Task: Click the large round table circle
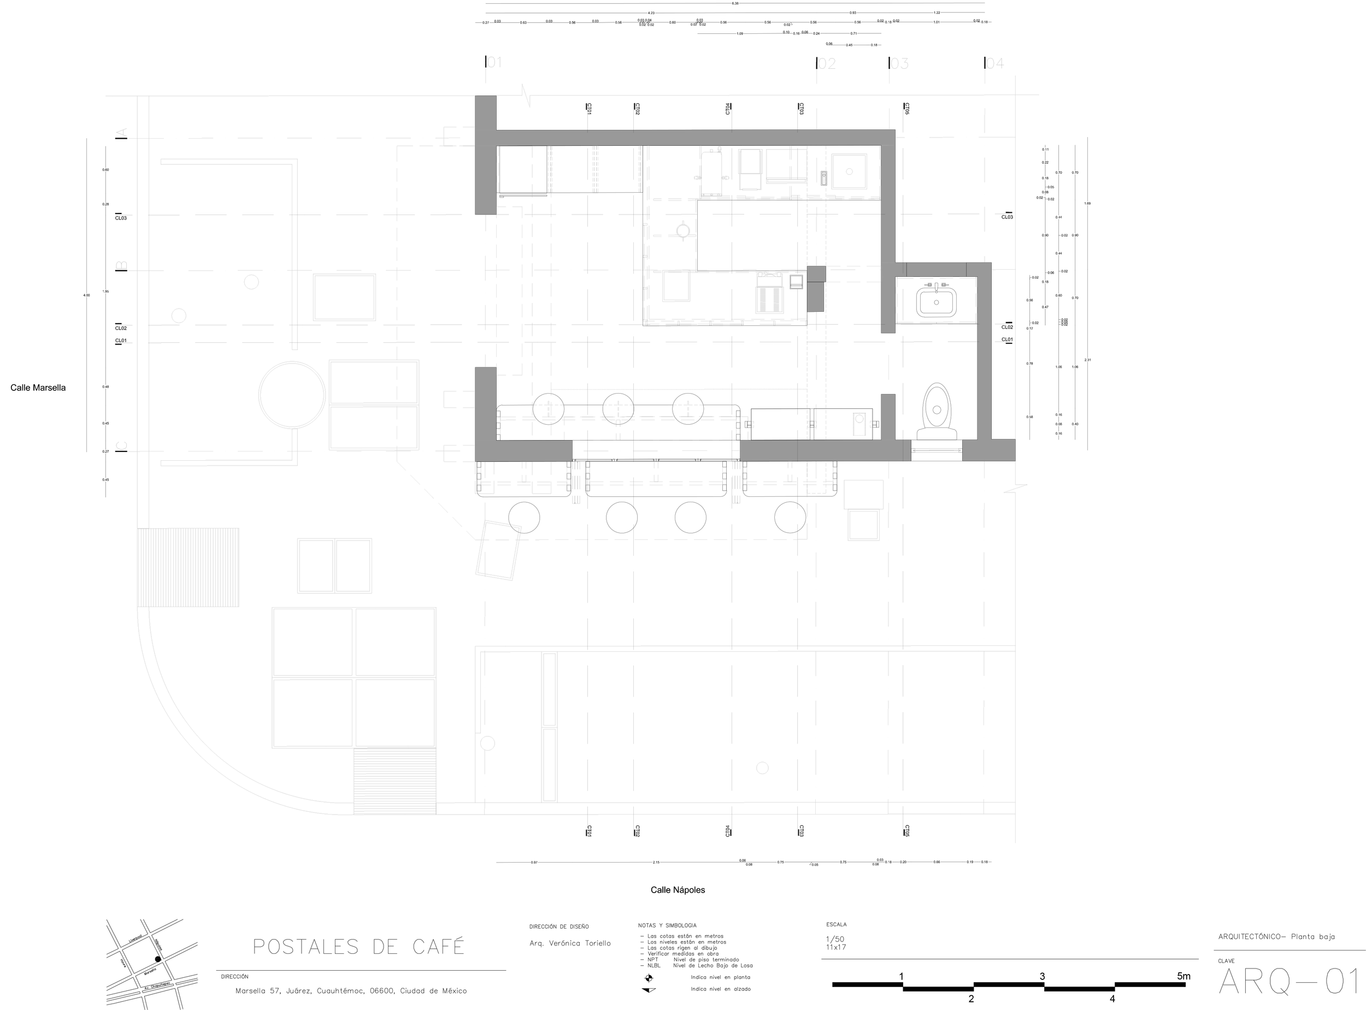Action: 292,395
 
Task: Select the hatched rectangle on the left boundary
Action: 188,567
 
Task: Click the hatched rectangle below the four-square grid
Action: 395,782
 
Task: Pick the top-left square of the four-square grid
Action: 313,642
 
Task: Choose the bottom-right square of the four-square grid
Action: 395,713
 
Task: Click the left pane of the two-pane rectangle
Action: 316,566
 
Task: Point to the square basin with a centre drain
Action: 849,172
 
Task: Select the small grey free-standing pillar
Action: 815,289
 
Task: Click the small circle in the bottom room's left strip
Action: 487,744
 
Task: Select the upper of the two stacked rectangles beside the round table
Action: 374,382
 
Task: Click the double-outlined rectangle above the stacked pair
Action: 344,297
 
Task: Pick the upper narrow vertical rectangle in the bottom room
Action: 549,689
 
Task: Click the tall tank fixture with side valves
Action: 711,173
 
